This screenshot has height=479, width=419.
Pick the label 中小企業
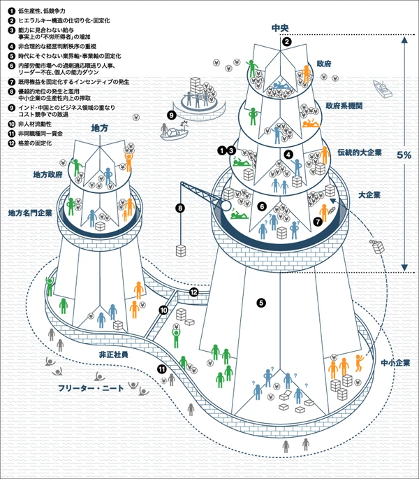coord(395,363)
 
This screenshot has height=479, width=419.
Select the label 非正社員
coord(113,355)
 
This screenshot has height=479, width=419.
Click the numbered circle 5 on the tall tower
coord(261,303)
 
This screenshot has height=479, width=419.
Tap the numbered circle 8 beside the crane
coord(179,208)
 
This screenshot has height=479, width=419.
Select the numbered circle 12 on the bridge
coord(194,292)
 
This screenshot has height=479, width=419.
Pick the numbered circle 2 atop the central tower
coord(286,42)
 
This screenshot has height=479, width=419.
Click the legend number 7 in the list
coord(11,82)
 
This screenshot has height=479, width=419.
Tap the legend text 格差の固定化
coord(35,143)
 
